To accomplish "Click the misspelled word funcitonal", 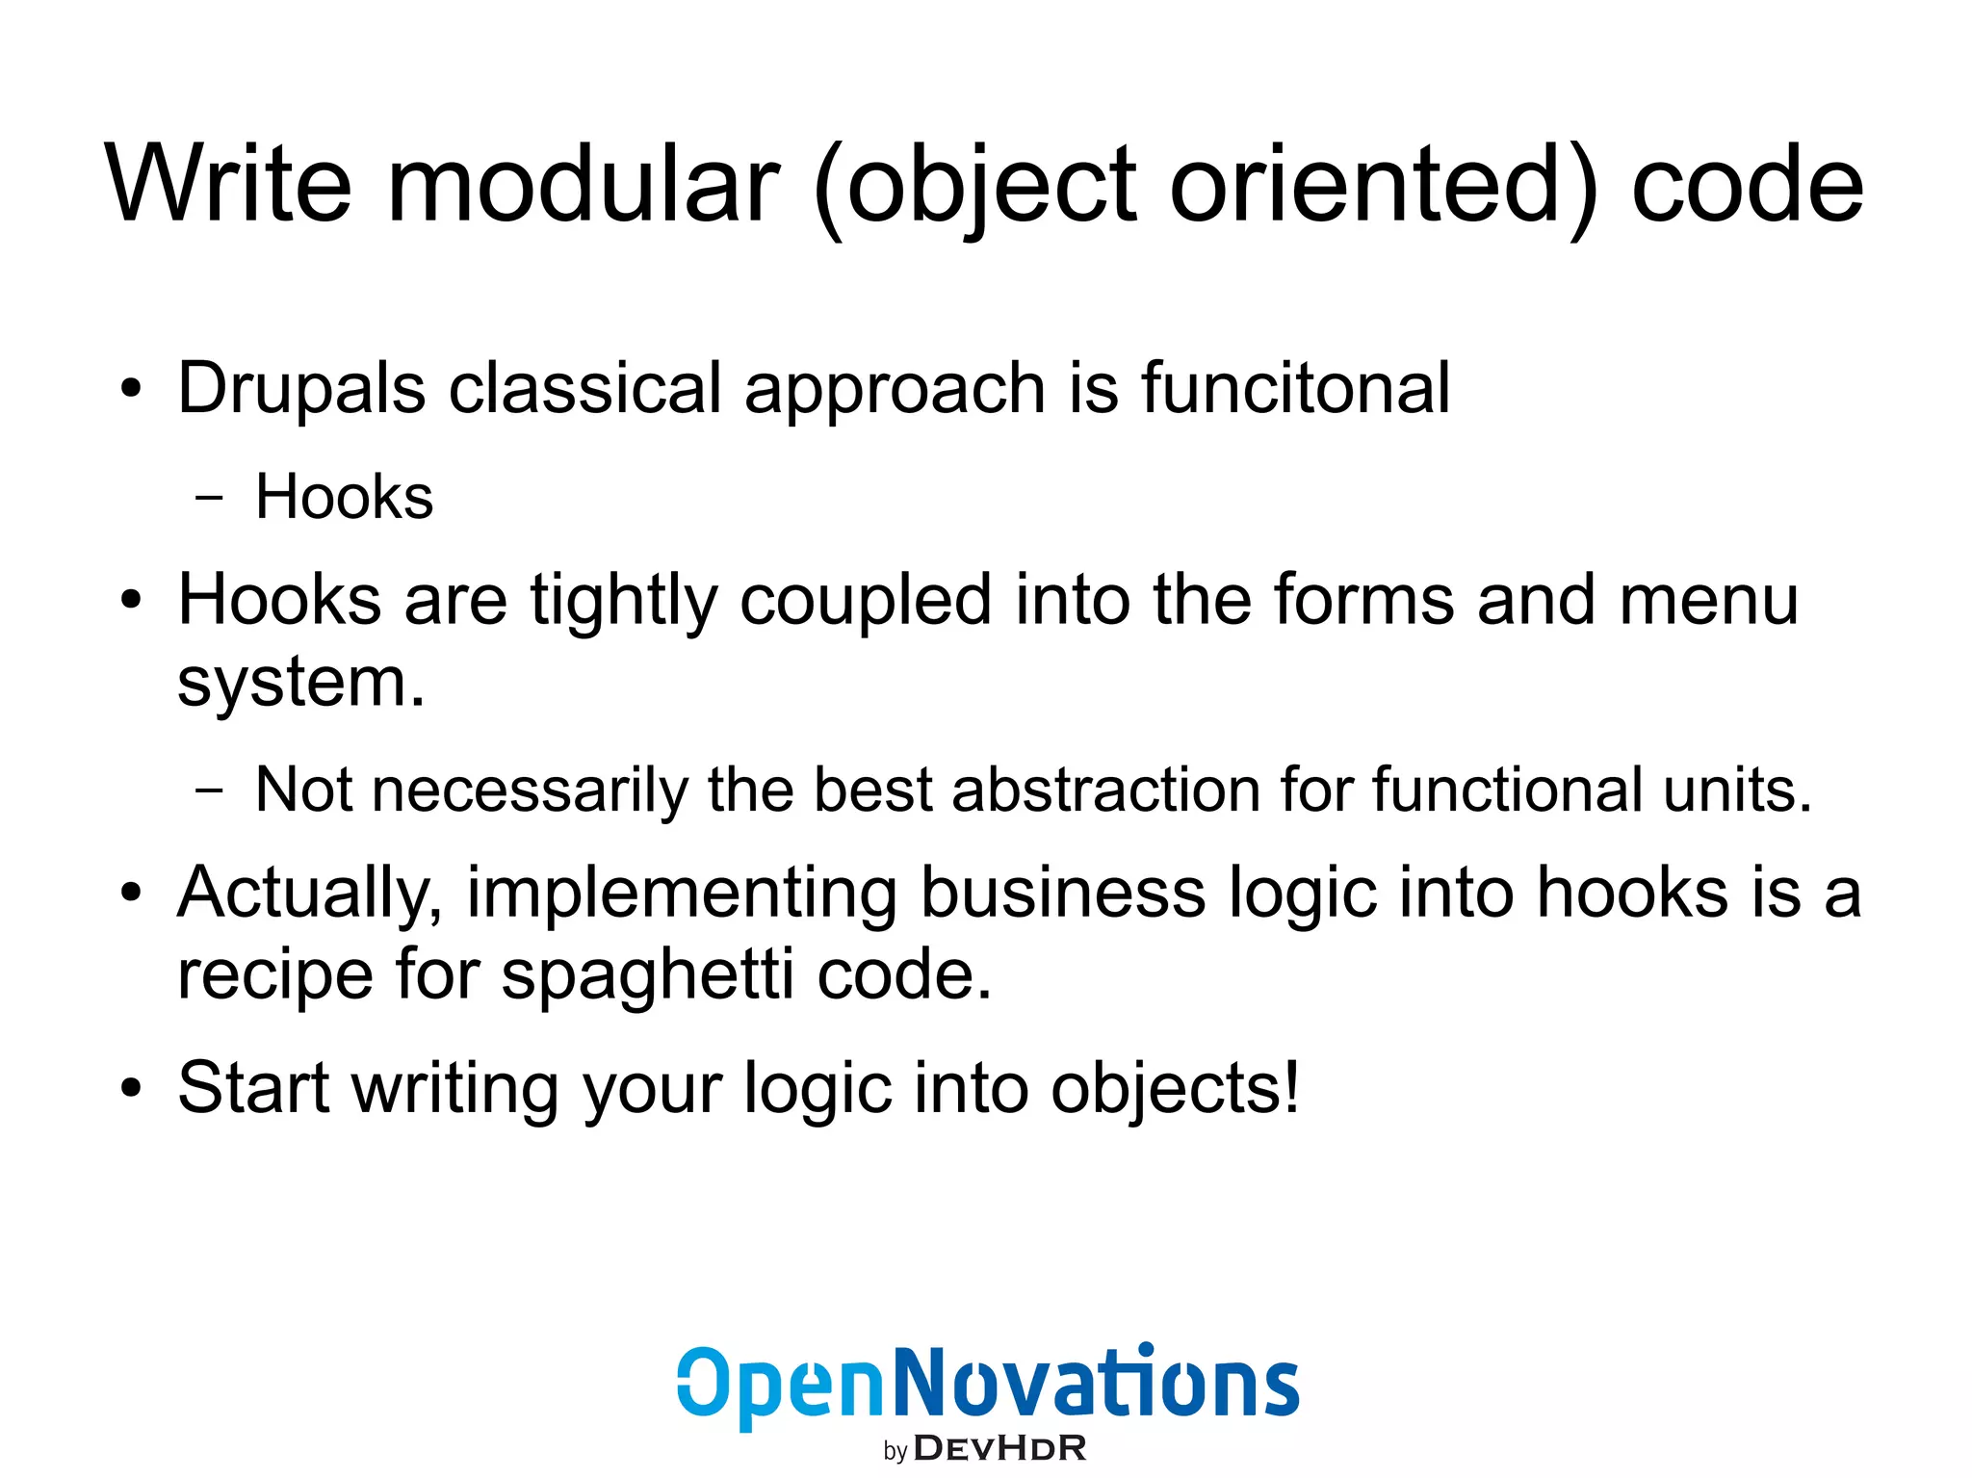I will (x=1295, y=388).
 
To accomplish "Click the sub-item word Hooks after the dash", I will (x=344, y=498).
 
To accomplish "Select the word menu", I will (x=1708, y=600).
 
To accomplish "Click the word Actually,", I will (x=310, y=894).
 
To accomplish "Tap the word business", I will (x=1063, y=892).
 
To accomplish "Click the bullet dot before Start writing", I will (x=131, y=1089).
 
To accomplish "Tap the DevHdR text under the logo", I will (x=999, y=1448).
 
